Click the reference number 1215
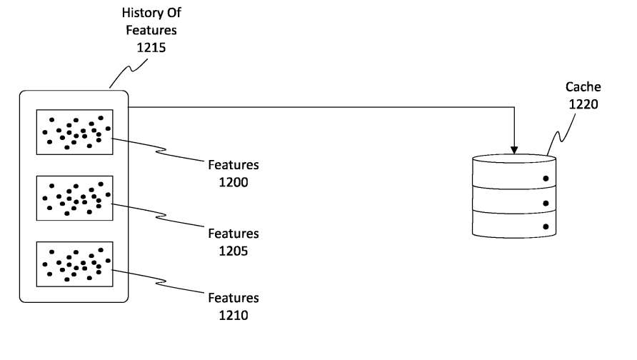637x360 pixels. click(151, 46)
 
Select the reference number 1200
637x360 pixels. click(233, 182)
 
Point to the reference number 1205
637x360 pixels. click(233, 251)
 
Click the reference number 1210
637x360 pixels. click(233, 315)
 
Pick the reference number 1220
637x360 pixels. click(583, 104)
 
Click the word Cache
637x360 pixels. click(583, 87)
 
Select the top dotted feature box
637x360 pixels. click(74, 132)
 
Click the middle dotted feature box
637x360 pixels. click(74, 197)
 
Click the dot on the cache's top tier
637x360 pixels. click(546, 179)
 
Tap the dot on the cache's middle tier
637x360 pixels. click(546, 203)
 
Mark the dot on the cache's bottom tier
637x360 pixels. click(546, 227)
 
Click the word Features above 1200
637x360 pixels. click(233, 166)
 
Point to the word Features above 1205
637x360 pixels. click(233, 234)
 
